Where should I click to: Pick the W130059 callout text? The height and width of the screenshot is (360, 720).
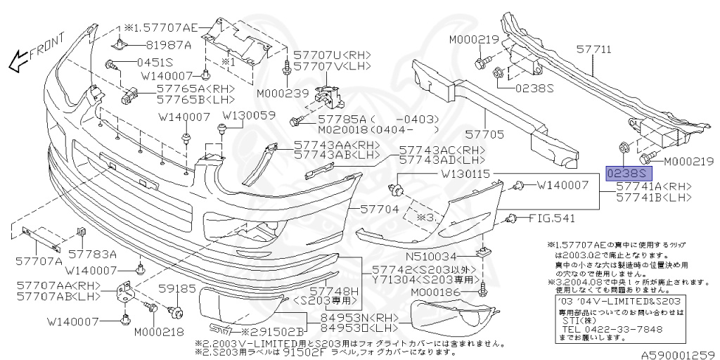click(250, 115)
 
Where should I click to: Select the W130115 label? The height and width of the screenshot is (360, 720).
click(466, 173)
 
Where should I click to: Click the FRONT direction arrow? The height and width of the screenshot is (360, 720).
click(35, 55)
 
